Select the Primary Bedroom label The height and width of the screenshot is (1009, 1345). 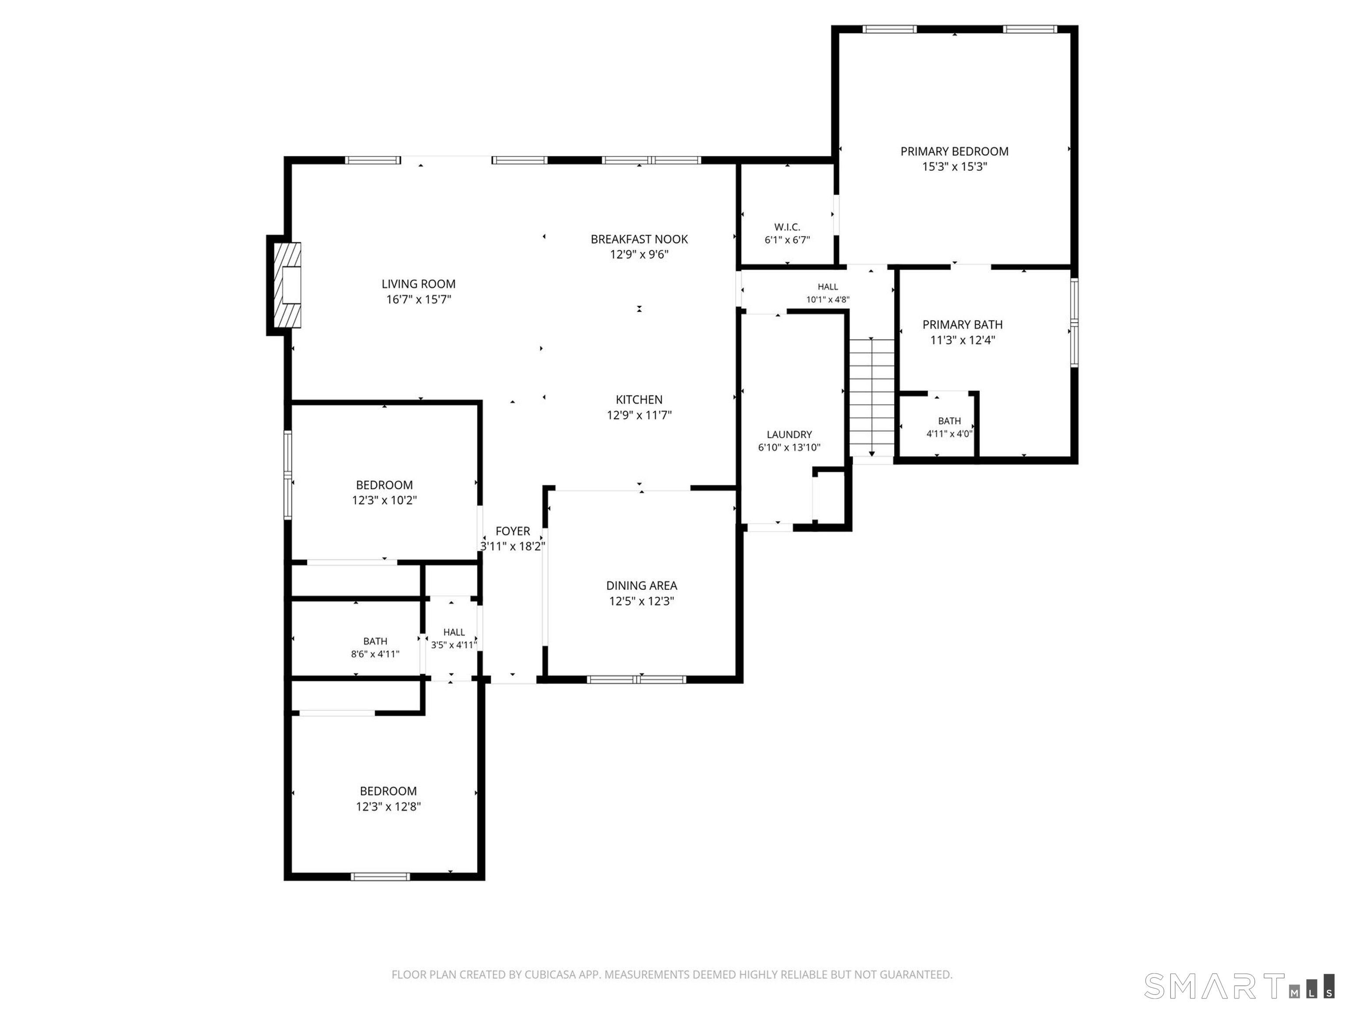[954, 152]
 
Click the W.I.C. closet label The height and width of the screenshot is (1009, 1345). [787, 227]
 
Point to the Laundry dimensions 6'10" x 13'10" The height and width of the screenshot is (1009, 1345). [789, 448]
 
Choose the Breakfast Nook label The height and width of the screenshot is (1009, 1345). [639, 239]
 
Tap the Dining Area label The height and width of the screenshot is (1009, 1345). [641, 585]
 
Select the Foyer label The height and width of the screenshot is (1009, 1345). [513, 531]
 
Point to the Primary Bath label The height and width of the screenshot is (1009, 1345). [962, 325]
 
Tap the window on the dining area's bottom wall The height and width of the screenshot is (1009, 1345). [637, 679]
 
